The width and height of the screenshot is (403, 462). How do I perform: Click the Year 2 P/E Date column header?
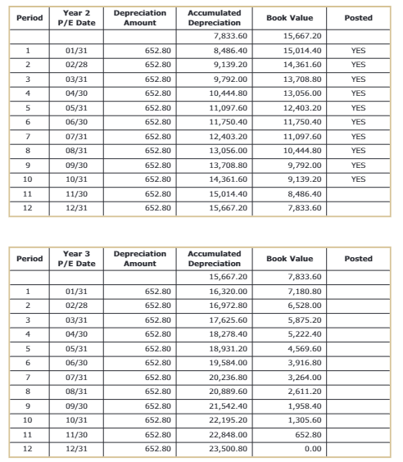80,18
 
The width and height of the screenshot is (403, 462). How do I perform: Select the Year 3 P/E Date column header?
80,259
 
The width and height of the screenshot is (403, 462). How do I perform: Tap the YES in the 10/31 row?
357,178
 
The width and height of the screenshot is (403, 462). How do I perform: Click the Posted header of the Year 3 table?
358,259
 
